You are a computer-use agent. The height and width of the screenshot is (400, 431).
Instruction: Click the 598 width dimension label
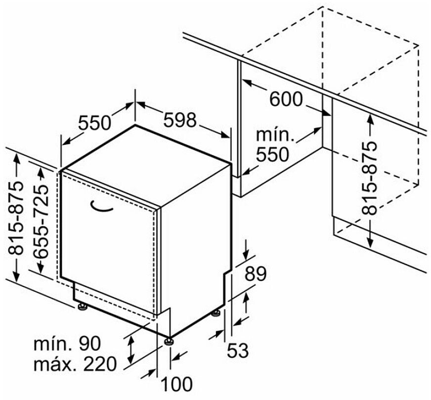(x=180, y=120)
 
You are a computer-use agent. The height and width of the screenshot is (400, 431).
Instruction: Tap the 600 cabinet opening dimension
(x=286, y=99)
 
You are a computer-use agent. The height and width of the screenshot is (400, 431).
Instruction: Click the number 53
(x=238, y=351)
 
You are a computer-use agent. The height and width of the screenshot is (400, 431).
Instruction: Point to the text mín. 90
(x=68, y=343)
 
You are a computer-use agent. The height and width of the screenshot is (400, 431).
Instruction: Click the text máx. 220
(x=75, y=364)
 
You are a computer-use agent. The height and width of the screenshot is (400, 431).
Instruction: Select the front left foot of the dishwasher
(x=82, y=308)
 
